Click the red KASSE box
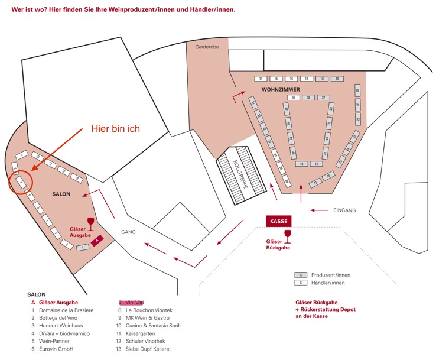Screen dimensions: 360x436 (278, 221)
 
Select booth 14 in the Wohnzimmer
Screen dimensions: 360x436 (261, 78)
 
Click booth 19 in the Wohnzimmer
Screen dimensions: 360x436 (337, 78)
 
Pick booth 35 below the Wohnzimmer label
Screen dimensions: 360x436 (293, 97)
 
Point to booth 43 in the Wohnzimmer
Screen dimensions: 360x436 (302, 163)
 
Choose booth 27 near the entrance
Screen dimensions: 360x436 (317, 183)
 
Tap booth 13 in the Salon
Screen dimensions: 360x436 (77, 177)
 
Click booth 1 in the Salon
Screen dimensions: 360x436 (83, 247)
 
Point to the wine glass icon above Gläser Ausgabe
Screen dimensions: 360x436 (90, 223)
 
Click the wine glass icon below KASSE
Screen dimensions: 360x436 (288, 236)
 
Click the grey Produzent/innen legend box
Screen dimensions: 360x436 (301, 275)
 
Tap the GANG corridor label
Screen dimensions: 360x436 (129, 232)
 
